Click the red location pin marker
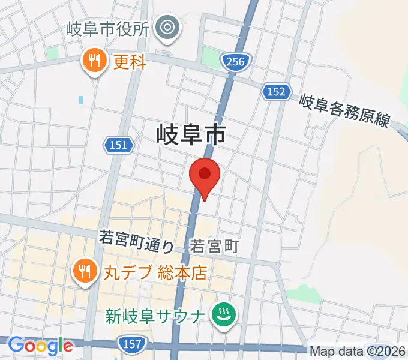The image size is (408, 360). coord(205,175)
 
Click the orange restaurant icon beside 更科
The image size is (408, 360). coord(94,61)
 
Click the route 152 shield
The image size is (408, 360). coord(276,91)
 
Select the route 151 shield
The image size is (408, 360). coord(118,144)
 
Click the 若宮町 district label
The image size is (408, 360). coord(215,245)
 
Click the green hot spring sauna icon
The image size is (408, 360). coord(223,314)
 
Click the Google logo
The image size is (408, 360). coord(40,345)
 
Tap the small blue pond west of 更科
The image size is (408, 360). coord(81,100)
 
